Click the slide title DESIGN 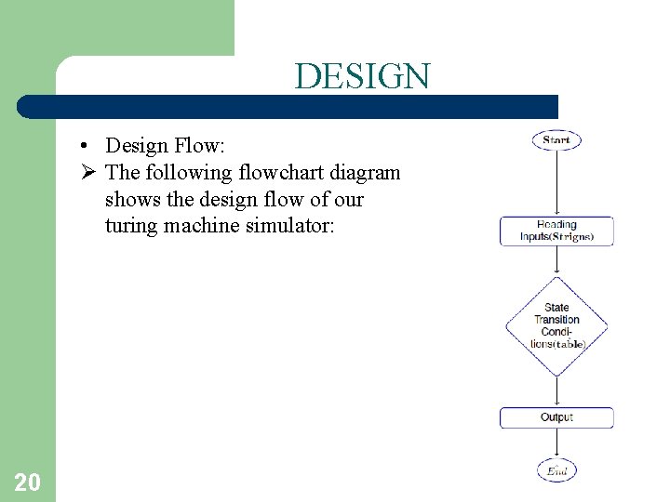point(362,76)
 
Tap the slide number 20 point(27,482)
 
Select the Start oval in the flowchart point(556,140)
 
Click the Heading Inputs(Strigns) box point(556,231)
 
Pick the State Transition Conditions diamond point(556,325)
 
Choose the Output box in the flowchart point(556,417)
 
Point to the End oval point(556,470)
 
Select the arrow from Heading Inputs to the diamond point(556,261)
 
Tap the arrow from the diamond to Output point(556,391)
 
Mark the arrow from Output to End point(556,443)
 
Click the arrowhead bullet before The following point(85,173)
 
